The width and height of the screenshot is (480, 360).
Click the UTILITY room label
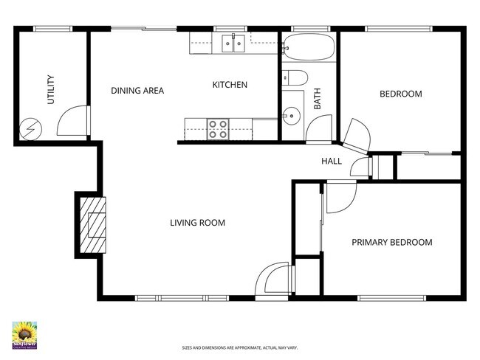(x=52, y=90)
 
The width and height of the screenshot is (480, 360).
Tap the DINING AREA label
(x=137, y=91)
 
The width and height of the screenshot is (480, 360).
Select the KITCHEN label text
(x=230, y=85)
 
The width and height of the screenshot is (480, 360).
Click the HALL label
(x=332, y=161)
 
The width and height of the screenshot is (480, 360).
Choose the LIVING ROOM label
(x=197, y=223)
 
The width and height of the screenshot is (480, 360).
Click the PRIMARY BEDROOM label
(x=391, y=242)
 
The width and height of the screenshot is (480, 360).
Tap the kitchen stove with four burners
(x=218, y=129)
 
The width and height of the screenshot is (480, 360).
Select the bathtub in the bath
(x=308, y=47)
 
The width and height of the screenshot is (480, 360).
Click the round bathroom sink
(x=291, y=116)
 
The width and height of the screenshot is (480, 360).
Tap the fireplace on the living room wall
(x=92, y=224)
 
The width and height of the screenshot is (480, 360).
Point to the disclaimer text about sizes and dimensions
(x=239, y=347)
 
